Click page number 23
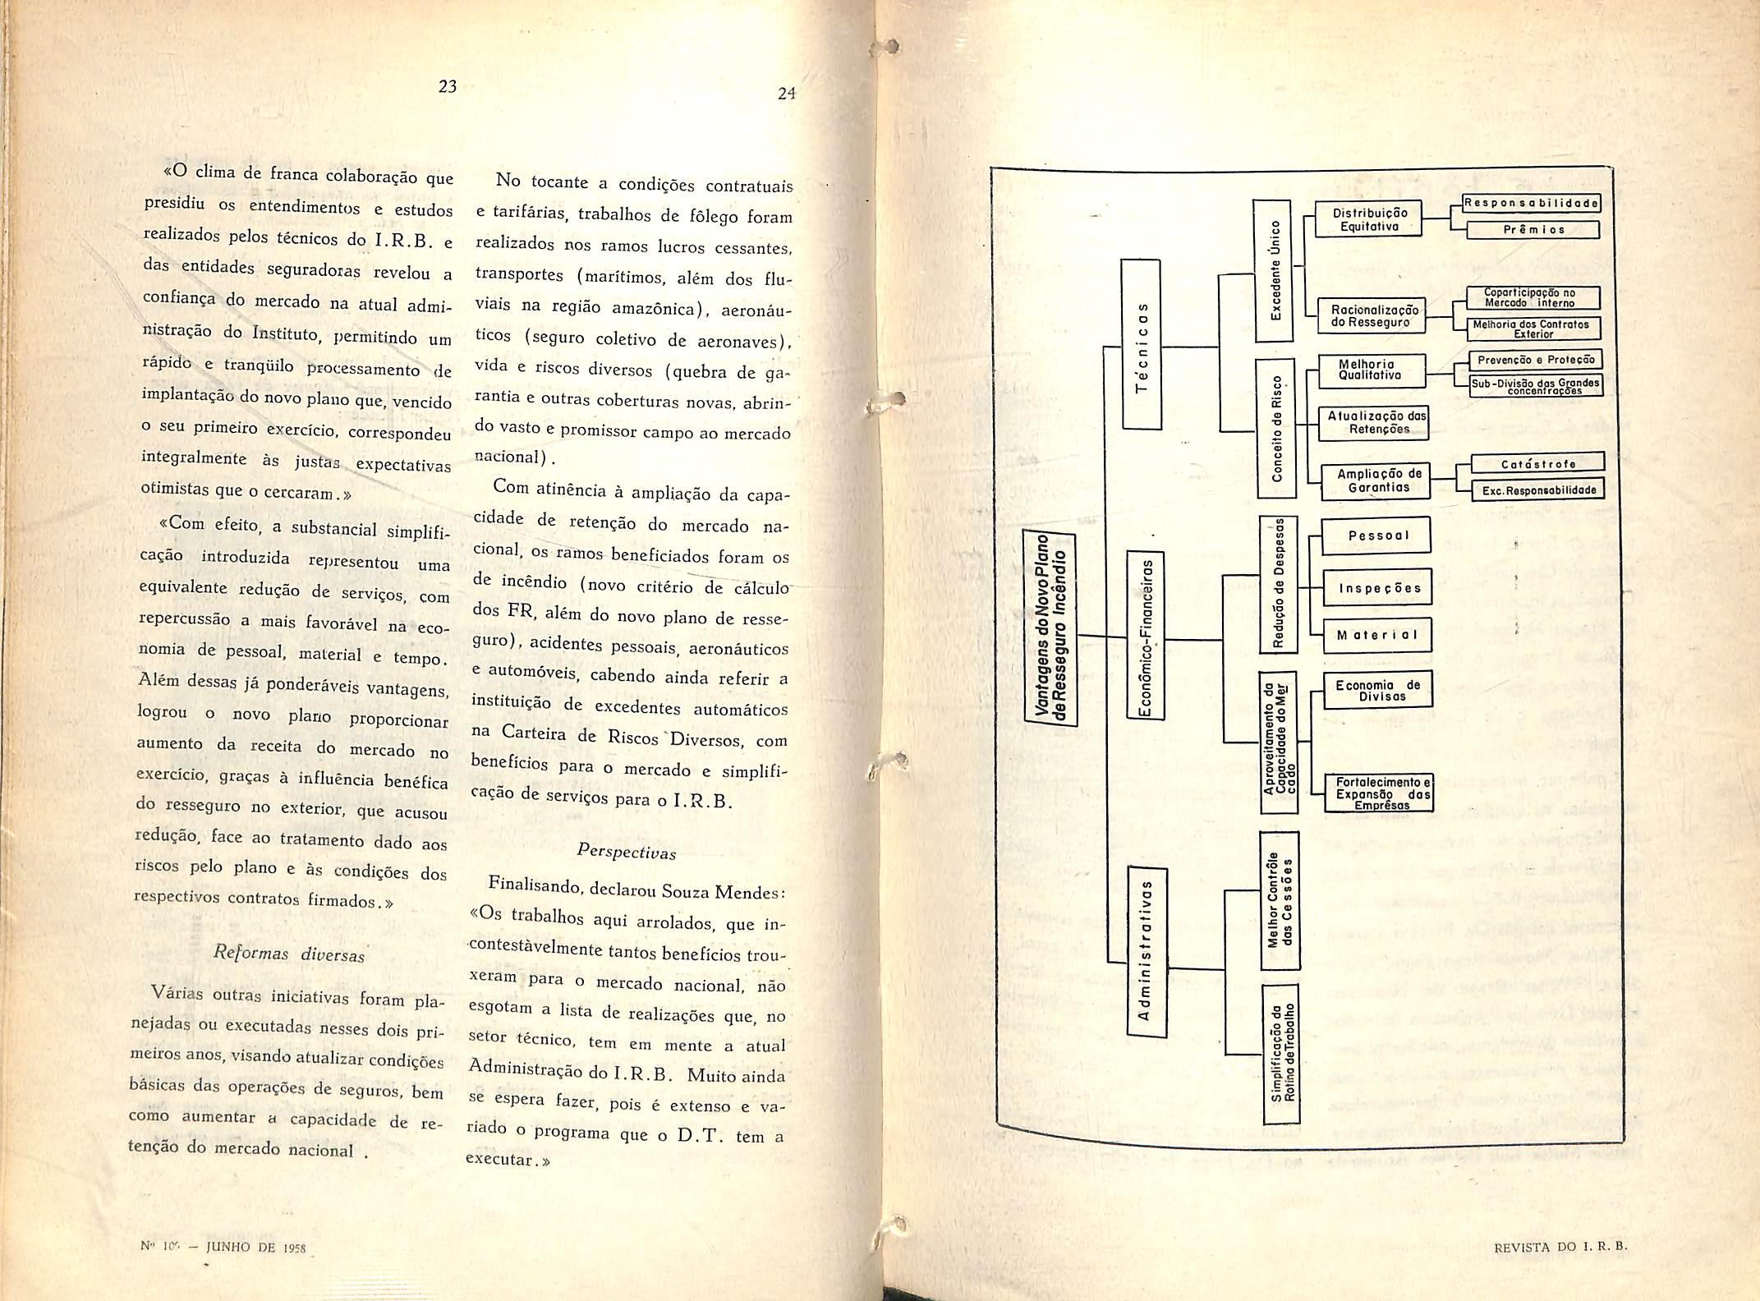(x=447, y=85)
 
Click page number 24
(x=787, y=94)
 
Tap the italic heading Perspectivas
(x=627, y=851)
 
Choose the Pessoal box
(x=1377, y=536)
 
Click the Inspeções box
(x=1379, y=588)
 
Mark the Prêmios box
(x=1533, y=230)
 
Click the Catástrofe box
(x=1537, y=464)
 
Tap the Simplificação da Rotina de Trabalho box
(x=1280, y=1054)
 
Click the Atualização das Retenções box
(x=1377, y=422)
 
